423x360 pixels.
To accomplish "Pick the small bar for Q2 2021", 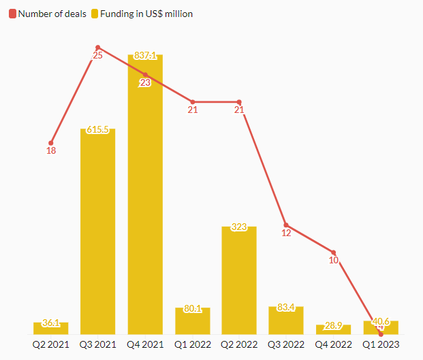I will (50, 329).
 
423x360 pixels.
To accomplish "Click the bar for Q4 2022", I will (333, 330).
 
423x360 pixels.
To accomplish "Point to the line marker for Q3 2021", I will (97, 48).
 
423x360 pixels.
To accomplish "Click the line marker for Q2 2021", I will (50, 142).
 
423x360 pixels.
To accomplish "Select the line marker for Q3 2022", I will (286, 225).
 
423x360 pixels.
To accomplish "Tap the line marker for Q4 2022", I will (333, 252).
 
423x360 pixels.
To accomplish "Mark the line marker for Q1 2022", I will (192, 102).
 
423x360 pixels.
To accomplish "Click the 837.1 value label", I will (145, 56).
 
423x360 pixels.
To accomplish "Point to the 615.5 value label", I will (97, 130).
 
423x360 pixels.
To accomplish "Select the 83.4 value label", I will (286, 308).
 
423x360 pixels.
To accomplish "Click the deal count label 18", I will (50, 150).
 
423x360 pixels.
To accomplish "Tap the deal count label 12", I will (286, 233).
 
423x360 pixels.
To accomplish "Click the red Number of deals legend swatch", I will (12, 14).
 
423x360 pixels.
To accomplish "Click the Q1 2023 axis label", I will (380, 345).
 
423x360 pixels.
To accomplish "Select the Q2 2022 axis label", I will (239, 345).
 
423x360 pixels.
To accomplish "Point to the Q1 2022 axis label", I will (192, 345).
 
